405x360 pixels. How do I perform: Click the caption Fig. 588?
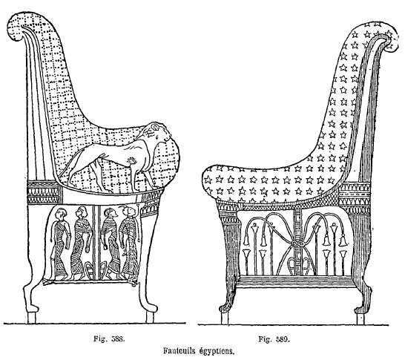point(109,338)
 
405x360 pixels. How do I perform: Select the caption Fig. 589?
point(274,338)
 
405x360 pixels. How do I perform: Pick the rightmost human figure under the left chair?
point(130,242)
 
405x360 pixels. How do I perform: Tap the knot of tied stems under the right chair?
point(295,243)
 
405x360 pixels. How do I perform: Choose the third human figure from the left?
point(111,243)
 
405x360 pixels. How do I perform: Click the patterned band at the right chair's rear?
point(355,197)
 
